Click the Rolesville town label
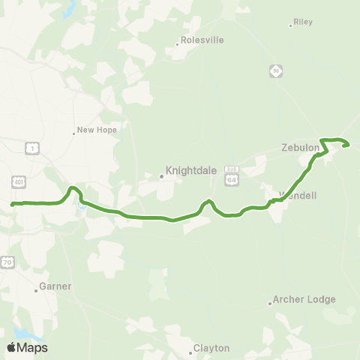pyautogui.click(x=202, y=40)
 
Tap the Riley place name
pyautogui.click(x=304, y=22)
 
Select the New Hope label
pyautogui.click(x=97, y=130)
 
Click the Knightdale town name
pyautogui.click(x=191, y=170)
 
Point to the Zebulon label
pyautogui.click(x=301, y=148)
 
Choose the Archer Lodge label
pyautogui.click(x=304, y=299)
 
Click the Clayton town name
pyautogui.click(x=211, y=348)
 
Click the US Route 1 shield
pyautogui.click(x=31, y=148)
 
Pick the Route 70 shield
pyautogui.click(x=7, y=262)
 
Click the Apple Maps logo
pyautogui.click(x=27, y=347)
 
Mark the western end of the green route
pyautogui.click(x=12, y=203)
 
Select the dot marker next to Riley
pyautogui.click(x=291, y=25)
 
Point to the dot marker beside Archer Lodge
pyautogui.click(x=270, y=303)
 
